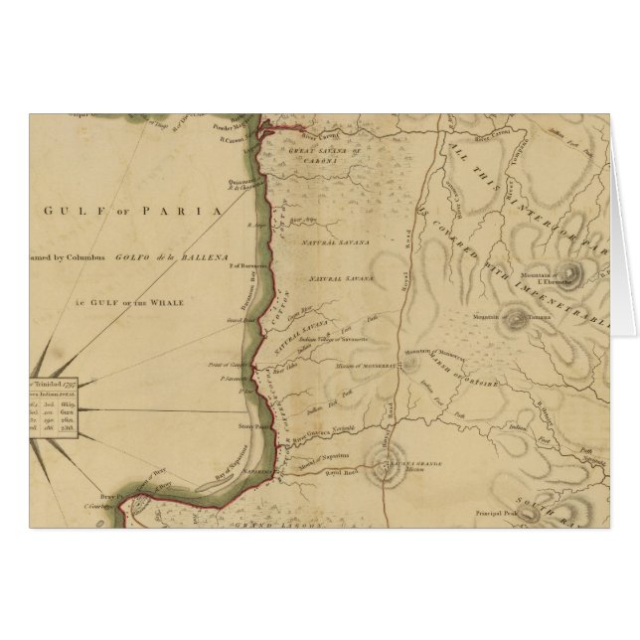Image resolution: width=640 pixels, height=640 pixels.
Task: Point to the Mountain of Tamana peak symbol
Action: pyautogui.click(x=516, y=319)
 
